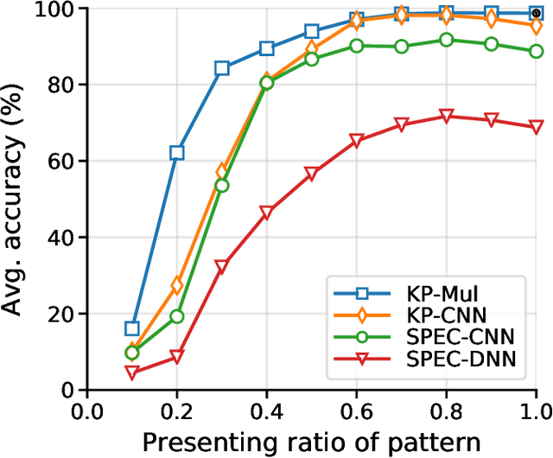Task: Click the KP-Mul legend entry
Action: point(423,289)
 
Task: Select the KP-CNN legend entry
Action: point(423,314)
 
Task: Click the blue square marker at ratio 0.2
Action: point(177,153)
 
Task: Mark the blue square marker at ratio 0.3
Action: point(222,68)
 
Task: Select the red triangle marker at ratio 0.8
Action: point(446,117)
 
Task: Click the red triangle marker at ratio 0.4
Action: point(266,213)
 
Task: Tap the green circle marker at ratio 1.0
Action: point(536,51)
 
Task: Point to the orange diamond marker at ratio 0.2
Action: point(177,285)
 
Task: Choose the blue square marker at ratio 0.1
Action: point(132,328)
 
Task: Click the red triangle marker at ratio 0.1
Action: point(132,372)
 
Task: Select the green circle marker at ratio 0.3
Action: point(222,186)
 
